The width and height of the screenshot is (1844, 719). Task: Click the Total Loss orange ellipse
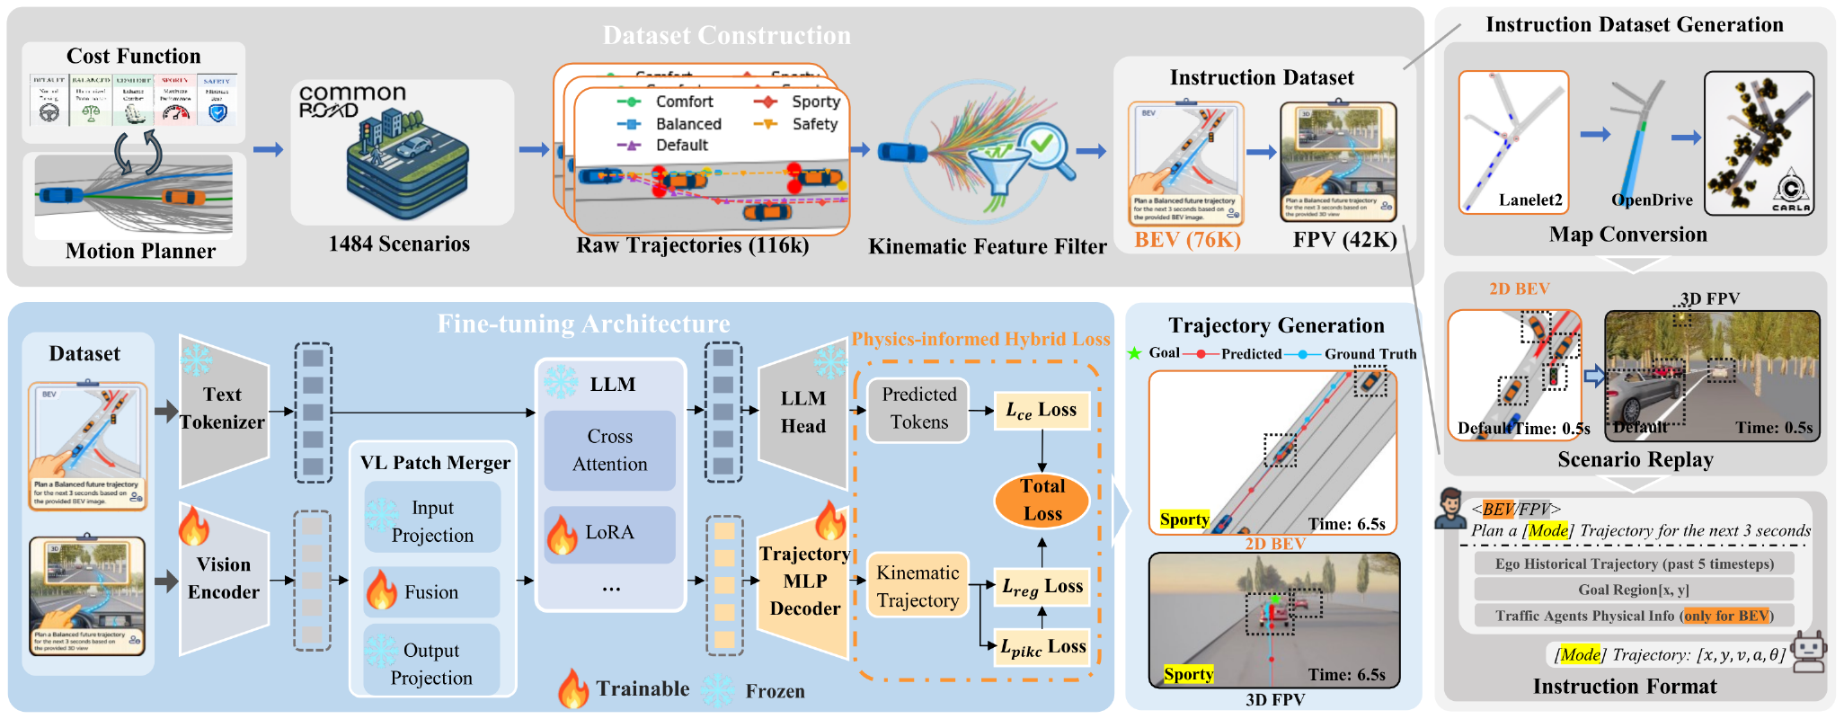(1042, 500)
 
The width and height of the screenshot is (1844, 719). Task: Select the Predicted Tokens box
(918, 409)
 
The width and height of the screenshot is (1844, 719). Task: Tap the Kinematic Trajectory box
(918, 586)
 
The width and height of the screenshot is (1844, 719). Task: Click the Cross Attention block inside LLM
(609, 450)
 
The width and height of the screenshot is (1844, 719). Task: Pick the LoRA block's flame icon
(562, 535)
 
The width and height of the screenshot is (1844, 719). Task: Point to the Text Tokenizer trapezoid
(223, 409)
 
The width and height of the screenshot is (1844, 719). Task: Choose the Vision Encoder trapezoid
(224, 578)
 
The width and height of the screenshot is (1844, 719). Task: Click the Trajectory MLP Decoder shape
(804, 581)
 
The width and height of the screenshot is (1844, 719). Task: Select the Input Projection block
(432, 521)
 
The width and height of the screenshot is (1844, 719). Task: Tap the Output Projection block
(431, 663)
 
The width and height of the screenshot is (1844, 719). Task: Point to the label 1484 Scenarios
(399, 244)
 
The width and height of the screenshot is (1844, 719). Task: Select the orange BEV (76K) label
(1187, 240)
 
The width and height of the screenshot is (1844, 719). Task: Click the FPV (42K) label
(1344, 240)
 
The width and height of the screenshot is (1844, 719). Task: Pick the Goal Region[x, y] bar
(1633, 590)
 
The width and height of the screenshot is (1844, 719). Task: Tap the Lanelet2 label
(1529, 200)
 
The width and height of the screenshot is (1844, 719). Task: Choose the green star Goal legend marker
(1134, 353)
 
